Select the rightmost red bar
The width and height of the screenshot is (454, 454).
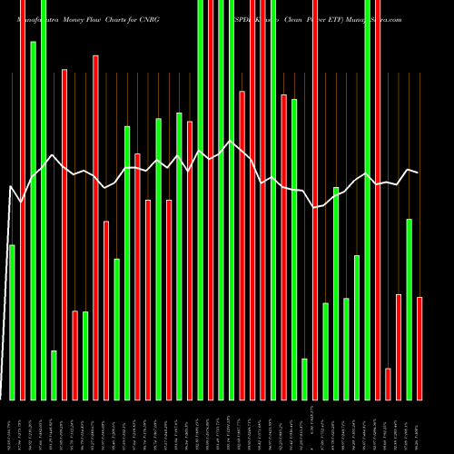[419, 348]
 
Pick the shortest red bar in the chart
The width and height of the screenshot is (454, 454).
[388, 383]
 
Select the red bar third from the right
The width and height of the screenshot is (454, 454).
[388, 383]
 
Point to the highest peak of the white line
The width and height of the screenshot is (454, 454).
[232, 142]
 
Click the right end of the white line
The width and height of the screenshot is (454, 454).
[419, 173]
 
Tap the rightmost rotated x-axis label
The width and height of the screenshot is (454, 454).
[419, 427]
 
